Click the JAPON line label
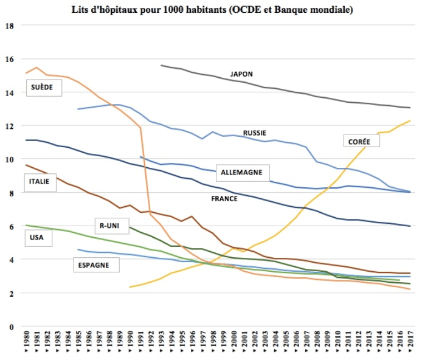pyautogui.click(x=241, y=74)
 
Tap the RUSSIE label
pyautogui.click(x=254, y=133)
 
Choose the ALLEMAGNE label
pyautogui.click(x=241, y=172)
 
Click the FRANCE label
pyautogui.click(x=224, y=198)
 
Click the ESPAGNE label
pyautogui.click(x=95, y=265)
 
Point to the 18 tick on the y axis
pyautogui.click(x=9, y=26)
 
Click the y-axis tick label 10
pyautogui.click(x=9, y=159)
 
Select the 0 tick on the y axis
pyautogui.click(x=11, y=327)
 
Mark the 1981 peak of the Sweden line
pyautogui.click(x=36, y=67)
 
